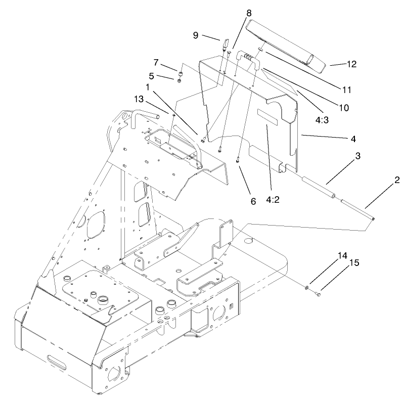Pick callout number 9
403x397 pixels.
tap(196, 35)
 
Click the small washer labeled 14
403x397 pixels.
tap(307, 288)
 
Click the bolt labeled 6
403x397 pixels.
tap(237, 159)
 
